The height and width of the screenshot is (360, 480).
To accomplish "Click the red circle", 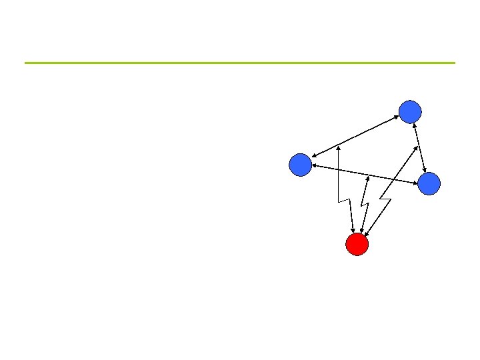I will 357,245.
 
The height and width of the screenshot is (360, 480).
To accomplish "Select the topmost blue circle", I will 410,111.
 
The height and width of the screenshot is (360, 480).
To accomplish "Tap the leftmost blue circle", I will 301,165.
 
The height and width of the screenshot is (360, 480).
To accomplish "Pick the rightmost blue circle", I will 429,183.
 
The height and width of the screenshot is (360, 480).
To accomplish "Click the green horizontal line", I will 240,63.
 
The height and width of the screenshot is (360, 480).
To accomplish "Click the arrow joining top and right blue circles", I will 419,147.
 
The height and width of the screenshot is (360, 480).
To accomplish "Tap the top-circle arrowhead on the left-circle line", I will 396,117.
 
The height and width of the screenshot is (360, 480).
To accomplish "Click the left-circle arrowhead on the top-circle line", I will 314,156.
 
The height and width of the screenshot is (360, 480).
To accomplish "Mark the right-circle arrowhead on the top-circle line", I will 424,169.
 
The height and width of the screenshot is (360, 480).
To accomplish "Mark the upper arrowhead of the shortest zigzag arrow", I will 368,177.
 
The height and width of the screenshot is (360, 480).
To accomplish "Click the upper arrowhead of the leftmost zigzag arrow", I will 339,147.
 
